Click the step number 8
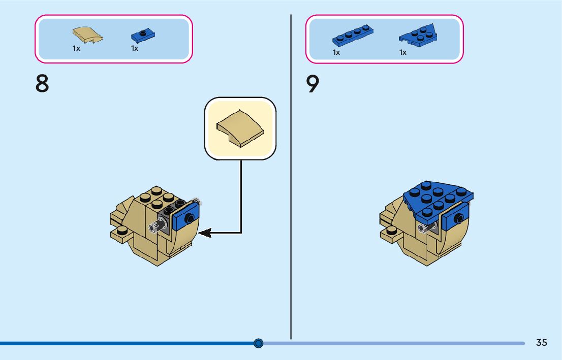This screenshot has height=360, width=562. click(42, 84)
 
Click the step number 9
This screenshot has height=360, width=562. click(313, 84)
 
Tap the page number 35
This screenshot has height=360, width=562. click(541, 342)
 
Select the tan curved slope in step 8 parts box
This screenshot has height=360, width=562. click(87, 35)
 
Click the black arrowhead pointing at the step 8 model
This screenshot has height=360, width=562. click(204, 233)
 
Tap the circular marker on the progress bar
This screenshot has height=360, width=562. click(258, 343)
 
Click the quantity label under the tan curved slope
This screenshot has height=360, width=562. click(76, 49)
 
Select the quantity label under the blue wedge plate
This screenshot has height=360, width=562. click(403, 52)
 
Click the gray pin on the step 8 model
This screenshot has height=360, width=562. click(158, 225)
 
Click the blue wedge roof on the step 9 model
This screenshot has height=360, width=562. click(437, 198)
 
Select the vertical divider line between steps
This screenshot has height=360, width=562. click(291, 178)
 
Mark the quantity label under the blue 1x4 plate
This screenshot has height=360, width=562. click(336, 52)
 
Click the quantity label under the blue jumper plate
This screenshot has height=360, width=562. click(135, 49)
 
